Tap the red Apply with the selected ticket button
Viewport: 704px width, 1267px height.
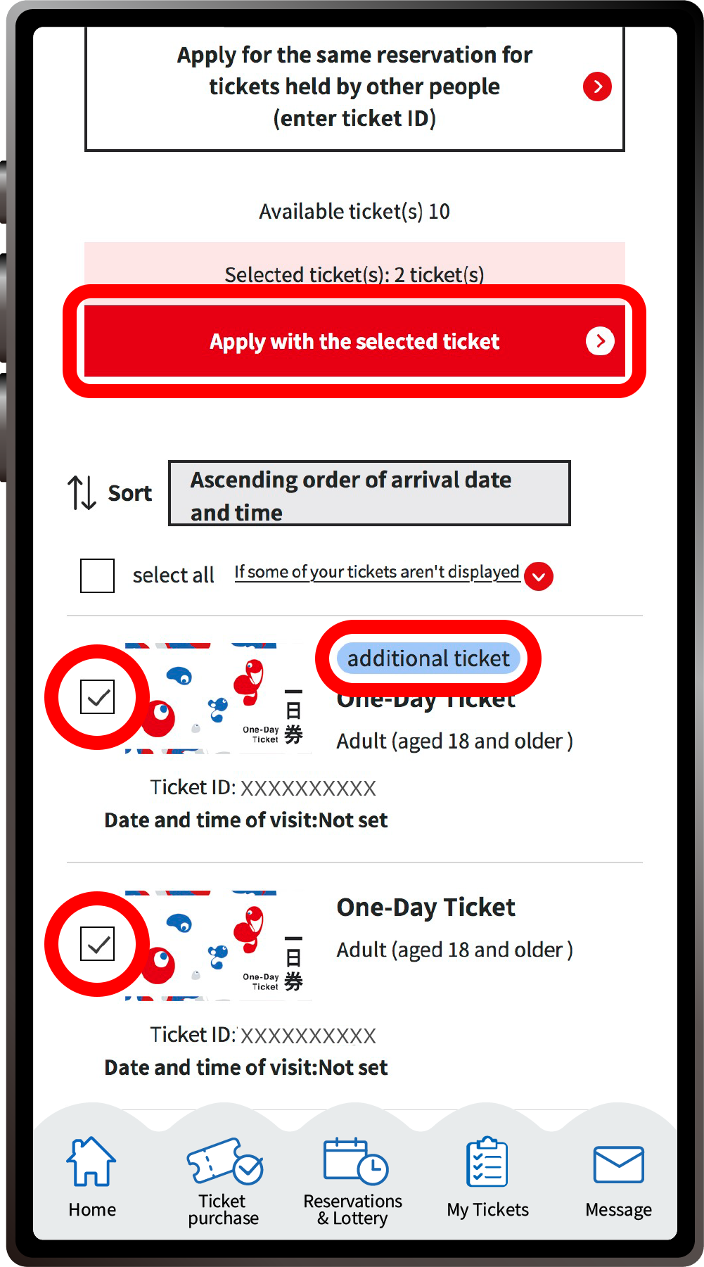pyautogui.click(x=354, y=342)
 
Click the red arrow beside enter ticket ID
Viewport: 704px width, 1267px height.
pyautogui.click(x=597, y=87)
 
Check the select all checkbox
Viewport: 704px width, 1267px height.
pyautogui.click(x=97, y=575)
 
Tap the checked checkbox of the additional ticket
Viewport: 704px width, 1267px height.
pyautogui.click(x=97, y=697)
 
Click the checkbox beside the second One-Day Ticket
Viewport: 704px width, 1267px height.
pyautogui.click(x=97, y=944)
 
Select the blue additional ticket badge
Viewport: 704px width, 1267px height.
pyautogui.click(x=428, y=658)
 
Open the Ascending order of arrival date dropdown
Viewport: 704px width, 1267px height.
pyautogui.click(x=369, y=494)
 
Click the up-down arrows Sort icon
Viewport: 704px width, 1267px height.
pyautogui.click(x=82, y=492)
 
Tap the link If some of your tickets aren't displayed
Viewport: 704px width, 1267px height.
pyautogui.click(x=377, y=572)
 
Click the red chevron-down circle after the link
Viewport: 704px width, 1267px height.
pyautogui.click(x=539, y=577)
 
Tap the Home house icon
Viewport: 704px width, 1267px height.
pyautogui.click(x=91, y=1161)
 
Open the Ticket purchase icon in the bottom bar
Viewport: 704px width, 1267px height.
pyautogui.click(x=224, y=1161)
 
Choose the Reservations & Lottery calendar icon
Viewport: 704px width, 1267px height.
pyautogui.click(x=354, y=1161)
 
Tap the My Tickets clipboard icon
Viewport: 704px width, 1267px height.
pyautogui.click(x=487, y=1163)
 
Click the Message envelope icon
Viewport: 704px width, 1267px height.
pyautogui.click(x=618, y=1164)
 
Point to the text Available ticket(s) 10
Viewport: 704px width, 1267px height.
pyautogui.click(x=354, y=212)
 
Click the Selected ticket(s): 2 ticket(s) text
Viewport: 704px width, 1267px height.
pyautogui.click(x=354, y=274)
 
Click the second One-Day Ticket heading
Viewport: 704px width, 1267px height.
pyautogui.click(x=425, y=908)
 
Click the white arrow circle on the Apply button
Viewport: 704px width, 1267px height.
pyautogui.click(x=600, y=341)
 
